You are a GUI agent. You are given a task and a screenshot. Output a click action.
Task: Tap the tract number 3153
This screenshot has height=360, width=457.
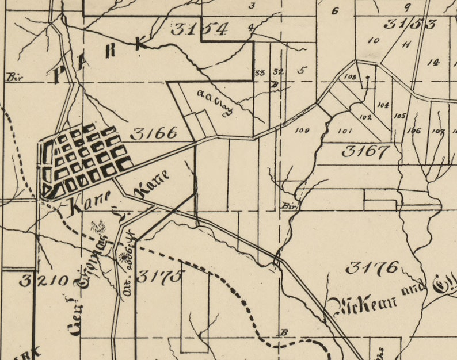click(x=410, y=24)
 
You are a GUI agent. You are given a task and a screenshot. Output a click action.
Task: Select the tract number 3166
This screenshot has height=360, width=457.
click(x=154, y=133)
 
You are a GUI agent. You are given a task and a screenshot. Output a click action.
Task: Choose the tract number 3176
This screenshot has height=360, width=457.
click(x=373, y=267)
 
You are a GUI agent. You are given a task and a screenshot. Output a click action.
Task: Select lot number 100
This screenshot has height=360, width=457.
click(x=302, y=131)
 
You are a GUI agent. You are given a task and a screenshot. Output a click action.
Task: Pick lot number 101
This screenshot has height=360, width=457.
click(x=345, y=131)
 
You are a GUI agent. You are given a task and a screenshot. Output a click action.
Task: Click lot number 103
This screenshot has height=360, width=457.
click(x=349, y=76)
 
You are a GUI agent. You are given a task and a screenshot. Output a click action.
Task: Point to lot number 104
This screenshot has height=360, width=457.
click(x=383, y=105)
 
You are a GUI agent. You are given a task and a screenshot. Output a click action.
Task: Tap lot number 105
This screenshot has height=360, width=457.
click(x=400, y=115)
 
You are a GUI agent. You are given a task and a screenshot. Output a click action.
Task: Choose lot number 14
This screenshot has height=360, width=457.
click(x=433, y=62)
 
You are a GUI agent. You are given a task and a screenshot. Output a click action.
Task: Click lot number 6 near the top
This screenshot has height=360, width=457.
click(x=335, y=10)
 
